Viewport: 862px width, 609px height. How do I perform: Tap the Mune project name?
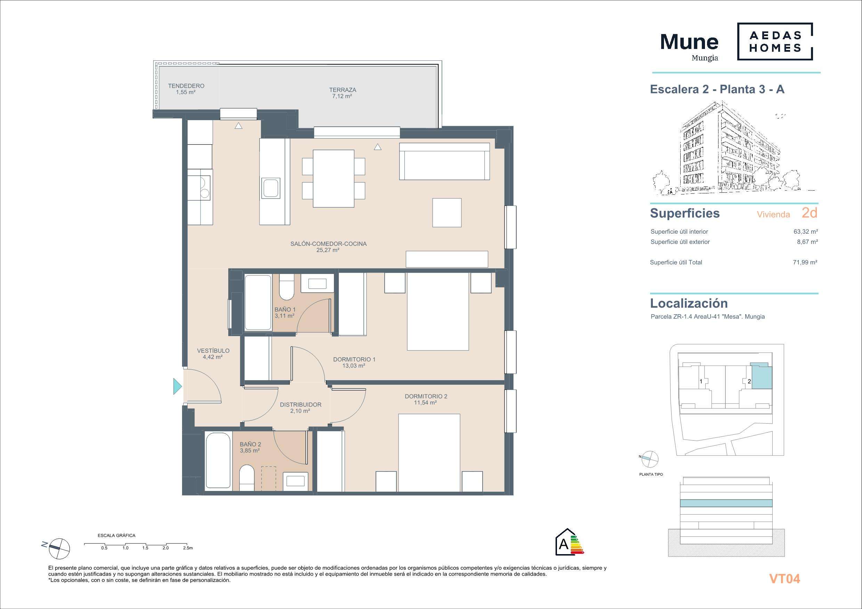689,42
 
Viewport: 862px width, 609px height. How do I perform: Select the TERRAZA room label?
342,90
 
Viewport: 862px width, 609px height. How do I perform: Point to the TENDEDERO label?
186,86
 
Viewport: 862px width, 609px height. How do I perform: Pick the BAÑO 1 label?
285,310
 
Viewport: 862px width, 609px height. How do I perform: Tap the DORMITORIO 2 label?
426,396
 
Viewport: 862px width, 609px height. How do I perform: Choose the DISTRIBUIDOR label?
301,405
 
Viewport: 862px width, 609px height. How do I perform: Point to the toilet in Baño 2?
247,477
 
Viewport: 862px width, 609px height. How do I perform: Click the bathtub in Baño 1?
258,302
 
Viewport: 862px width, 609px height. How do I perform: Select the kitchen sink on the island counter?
271,188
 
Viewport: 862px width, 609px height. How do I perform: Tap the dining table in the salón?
334,178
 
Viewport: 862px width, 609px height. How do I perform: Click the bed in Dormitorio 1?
438,311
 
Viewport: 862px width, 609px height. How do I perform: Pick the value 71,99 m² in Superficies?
805,262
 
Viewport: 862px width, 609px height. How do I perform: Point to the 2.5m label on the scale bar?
188,548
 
